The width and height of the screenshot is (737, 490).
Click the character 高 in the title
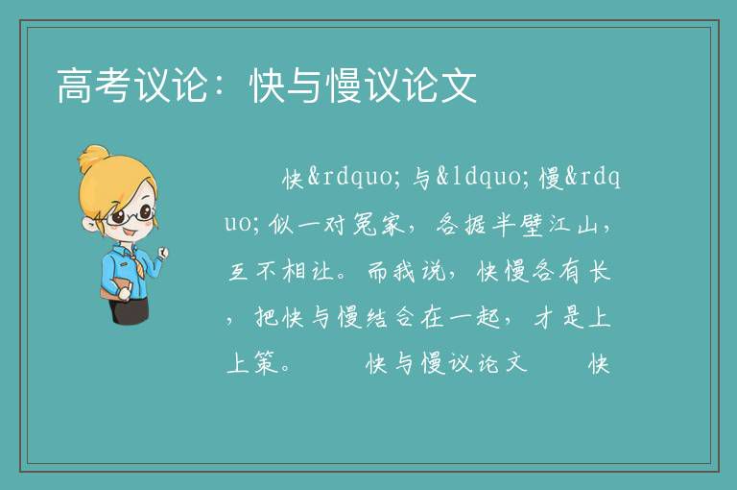point(75,86)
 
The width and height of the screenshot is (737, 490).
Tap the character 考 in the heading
point(113,86)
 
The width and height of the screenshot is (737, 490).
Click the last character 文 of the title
point(460,86)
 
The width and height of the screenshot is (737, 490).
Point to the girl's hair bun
point(93,159)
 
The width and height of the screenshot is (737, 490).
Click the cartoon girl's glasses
point(130,215)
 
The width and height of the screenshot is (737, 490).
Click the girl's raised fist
point(163,254)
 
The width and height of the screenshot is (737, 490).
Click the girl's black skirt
point(130,310)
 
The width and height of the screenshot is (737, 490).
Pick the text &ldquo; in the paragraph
point(479,178)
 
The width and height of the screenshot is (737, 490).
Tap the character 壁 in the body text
point(533,225)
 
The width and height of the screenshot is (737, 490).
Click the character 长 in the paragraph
point(599,271)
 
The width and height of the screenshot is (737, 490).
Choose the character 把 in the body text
point(267,317)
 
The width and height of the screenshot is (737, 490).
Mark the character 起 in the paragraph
point(487,317)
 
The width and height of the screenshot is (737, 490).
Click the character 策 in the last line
point(267,363)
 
